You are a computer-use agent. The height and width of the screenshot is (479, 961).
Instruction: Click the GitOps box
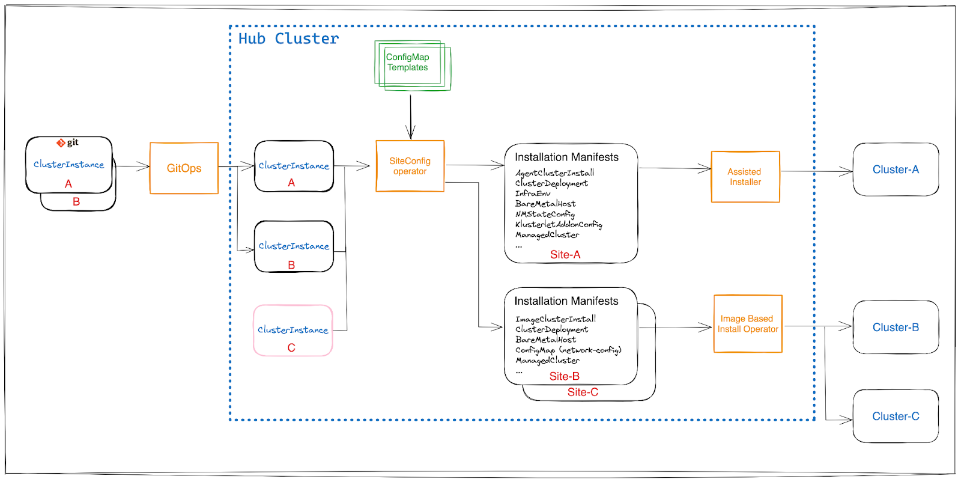point(184,168)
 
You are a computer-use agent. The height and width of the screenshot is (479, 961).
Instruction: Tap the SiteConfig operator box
point(410,166)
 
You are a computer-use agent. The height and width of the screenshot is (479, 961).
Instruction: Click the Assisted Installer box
point(745,177)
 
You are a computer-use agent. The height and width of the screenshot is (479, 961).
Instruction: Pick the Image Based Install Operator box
point(748,324)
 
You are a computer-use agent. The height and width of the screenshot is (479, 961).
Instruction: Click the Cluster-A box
point(896,169)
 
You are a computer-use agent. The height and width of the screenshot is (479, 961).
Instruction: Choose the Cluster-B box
point(896,328)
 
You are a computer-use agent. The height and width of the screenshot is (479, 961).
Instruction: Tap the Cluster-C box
point(896,416)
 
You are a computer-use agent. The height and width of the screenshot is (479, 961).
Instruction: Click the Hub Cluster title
point(288,39)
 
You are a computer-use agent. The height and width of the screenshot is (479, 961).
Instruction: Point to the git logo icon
point(61,143)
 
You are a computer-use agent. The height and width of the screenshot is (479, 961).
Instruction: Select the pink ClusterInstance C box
point(293,331)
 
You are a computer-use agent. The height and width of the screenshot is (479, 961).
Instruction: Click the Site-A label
point(565,255)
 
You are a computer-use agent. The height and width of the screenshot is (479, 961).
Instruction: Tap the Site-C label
point(583,392)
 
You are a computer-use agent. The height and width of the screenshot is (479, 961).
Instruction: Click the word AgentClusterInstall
point(554,173)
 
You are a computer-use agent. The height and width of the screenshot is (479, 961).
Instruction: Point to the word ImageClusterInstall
point(556,319)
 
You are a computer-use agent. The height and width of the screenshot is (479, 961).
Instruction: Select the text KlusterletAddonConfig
point(559,224)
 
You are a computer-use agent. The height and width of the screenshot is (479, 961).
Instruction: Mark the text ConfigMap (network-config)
point(568,350)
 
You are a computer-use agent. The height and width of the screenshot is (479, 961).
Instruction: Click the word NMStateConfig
point(545,214)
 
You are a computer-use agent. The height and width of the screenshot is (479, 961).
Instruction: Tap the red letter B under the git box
point(76,202)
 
